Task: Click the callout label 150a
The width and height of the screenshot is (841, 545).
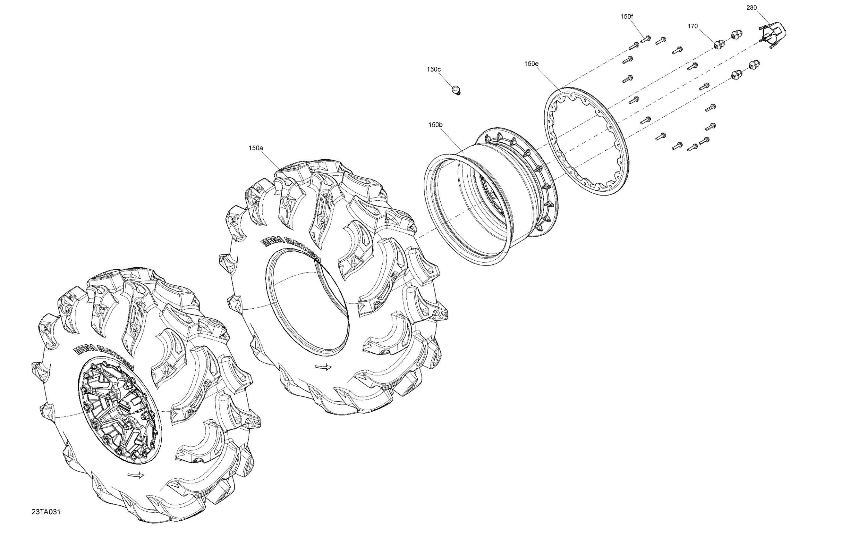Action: coord(256,148)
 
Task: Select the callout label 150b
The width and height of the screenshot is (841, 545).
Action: coord(435,125)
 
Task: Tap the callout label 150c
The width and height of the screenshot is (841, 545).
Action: coord(434,69)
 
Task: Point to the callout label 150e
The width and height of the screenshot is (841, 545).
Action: coord(531,63)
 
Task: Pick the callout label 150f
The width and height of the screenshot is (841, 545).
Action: coord(626,16)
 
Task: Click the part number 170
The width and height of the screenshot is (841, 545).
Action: coord(692,26)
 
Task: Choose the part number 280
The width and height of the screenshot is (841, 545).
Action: coord(751,7)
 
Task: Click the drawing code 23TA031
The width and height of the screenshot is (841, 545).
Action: coord(46,512)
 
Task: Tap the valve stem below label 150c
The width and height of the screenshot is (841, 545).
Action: coord(456,90)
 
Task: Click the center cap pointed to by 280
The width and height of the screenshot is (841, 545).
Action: coord(772,34)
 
